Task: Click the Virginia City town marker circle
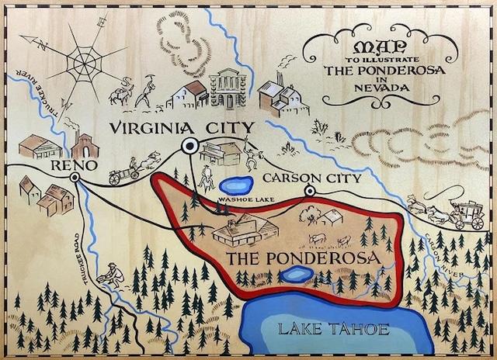pyautogui.click(x=189, y=145)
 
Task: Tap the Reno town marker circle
pyautogui.click(x=75, y=178)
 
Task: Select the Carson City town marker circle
pyautogui.click(x=310, y=190)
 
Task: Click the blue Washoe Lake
pyautogui.click(x=234, y=186)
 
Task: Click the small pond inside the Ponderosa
pyautogui.click(x=296, y=275)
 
